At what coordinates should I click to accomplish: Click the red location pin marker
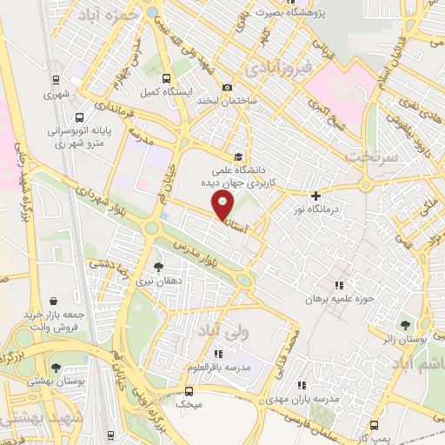[223, 206]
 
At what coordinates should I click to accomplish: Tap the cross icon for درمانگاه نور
[315, 196]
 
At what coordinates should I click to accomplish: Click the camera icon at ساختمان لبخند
[228, 87]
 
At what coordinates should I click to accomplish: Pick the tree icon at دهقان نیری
[157, 268]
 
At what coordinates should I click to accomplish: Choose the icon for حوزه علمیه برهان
[338, 284]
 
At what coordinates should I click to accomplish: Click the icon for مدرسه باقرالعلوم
[217, 354]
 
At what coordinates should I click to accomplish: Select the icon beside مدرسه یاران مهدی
[302, 384]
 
